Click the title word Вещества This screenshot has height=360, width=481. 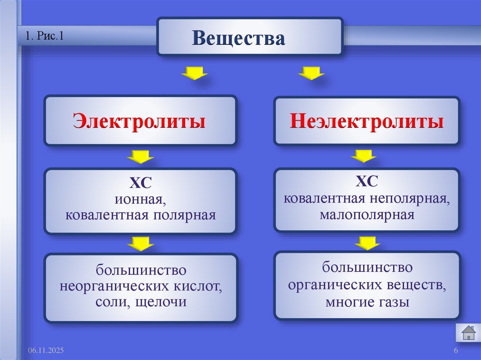tap(238, 38)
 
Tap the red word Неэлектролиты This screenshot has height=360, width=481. tap(366, 122)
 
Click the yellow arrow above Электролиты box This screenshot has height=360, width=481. tap(194, 73)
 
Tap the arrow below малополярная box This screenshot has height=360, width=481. tap(367, 243)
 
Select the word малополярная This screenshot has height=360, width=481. tap(367, 215)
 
